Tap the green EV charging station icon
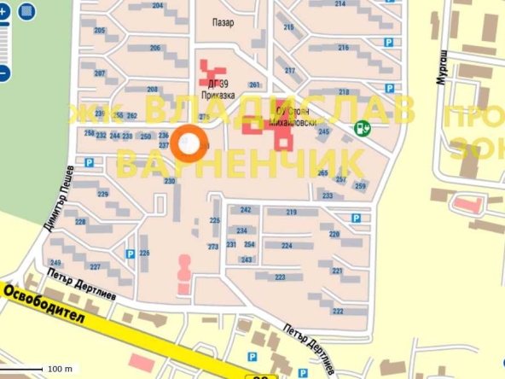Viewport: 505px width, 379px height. pyautogui.click(x=363, y=129)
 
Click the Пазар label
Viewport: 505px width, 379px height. pyautogui.click(x=224, y=24)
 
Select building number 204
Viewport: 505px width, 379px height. pyautogui.click(x=158, y=6)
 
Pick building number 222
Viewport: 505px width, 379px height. pyautogui.click(x=338, y=311)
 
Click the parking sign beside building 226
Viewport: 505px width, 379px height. pyautogui.click(x=130, y=254)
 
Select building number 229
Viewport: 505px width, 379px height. pyautogui.click(x=103, y=195)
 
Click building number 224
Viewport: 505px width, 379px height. pyautogui.click(x=287, y=246)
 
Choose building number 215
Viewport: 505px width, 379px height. pyautogui.click(x=288, y=28)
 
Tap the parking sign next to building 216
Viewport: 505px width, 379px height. pyautogui.click(x=389, y=42)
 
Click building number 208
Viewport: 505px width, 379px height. pyautogui.click(x=153, y=89)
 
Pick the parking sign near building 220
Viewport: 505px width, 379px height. pyautogui.click(x=355, y=218)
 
